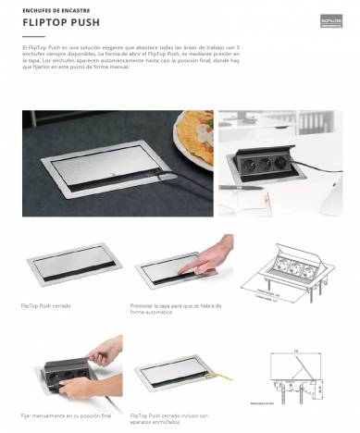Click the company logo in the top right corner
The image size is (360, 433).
(x=330, y=16)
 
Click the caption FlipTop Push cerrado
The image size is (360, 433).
(x=45, y=304)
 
